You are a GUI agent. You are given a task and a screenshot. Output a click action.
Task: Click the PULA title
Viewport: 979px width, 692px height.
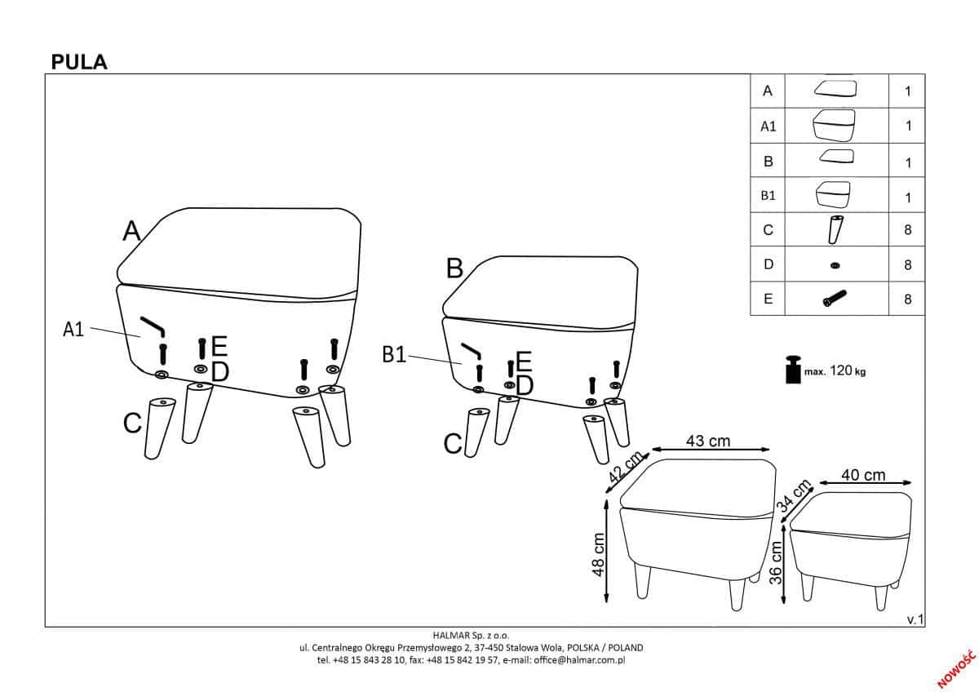[x=79, y=62]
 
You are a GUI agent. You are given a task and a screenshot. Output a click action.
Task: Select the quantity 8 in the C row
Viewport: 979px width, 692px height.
[x=908, y=230]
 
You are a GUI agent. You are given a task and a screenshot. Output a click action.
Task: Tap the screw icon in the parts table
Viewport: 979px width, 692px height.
[x=835, y=299]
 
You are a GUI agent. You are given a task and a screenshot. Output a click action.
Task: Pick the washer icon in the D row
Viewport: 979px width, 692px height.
[x=835, y=265]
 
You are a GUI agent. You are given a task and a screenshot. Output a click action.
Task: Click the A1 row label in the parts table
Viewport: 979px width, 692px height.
[x=769, y=126]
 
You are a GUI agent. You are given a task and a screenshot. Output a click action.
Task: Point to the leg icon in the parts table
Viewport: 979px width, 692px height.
[x=835, y=229]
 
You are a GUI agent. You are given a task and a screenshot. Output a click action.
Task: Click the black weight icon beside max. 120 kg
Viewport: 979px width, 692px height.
[x=793, y=370]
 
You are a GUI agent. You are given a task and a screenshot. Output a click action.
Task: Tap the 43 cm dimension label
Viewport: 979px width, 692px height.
[x=708, y=441]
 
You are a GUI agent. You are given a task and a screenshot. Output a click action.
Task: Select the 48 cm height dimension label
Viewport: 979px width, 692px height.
[x=598, y=555]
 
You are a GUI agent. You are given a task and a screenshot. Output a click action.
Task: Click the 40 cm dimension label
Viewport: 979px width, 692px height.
[x=864, y=475]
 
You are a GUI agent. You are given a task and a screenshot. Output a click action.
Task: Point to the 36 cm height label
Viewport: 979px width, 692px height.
[x=775, y=562]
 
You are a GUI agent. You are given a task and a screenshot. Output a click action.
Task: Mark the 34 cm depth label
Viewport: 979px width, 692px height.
[x=794, y=495]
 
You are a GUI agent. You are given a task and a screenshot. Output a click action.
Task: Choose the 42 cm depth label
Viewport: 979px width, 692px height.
[x=626, y=467]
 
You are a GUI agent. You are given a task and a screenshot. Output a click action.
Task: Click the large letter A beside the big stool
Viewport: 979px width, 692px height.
[x=131, y=230]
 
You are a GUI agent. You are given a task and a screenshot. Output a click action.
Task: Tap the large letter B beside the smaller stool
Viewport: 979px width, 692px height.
[x=454, y=268]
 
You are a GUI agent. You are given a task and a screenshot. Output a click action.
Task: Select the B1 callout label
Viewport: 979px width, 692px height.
[x=394, y=354]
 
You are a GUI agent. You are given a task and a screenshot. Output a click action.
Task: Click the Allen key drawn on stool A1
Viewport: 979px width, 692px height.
[x=152, y=326]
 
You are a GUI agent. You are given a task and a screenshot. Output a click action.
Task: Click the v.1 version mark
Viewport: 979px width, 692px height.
[x=915, y=619]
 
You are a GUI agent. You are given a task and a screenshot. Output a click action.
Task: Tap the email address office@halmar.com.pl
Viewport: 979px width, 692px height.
[x=579, y=660]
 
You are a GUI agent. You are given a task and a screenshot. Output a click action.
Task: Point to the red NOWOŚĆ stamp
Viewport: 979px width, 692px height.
[x=956, y=669]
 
